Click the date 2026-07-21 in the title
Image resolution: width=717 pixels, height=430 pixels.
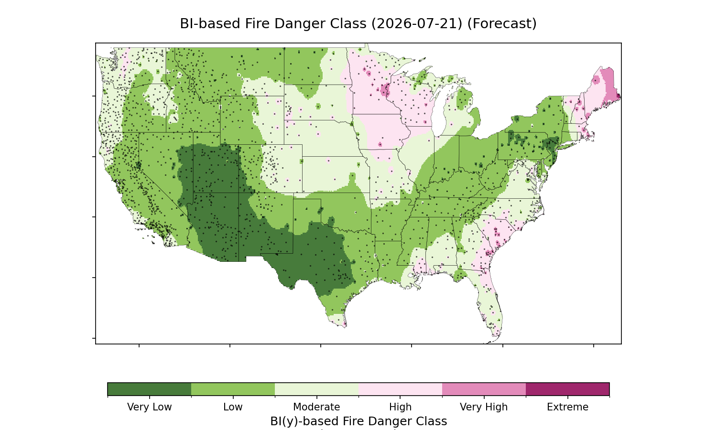pos(417,24)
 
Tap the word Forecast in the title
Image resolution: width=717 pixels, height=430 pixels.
pos(501,24)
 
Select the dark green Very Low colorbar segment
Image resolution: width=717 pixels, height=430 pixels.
pos(150,389)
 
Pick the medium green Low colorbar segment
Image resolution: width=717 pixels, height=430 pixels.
pos(233,389)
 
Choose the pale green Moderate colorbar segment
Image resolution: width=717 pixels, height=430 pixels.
pos(317,389)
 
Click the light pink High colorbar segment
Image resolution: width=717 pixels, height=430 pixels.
pos(401,389)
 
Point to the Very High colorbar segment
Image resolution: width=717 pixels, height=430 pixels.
pos(484,389)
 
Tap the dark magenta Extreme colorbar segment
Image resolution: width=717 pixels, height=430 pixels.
pos(567,389)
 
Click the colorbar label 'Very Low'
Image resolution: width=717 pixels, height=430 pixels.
pos(150,407)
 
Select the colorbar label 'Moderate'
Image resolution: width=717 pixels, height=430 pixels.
pos(316,407)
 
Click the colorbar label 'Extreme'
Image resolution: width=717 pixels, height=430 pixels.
pos(567,407)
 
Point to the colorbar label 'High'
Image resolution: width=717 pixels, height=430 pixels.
pos(401,407)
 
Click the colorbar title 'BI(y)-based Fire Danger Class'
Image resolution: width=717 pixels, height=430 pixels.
pos(358,421)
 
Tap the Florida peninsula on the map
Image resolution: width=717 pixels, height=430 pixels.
pos(490,304)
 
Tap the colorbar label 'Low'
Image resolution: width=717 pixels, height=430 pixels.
pos(233,407)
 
